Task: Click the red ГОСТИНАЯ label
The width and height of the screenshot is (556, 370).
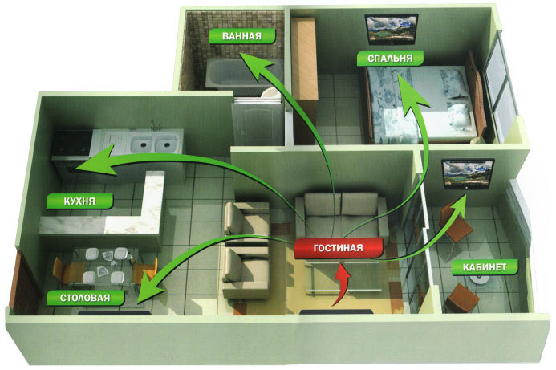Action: pyautogui.click(x=339, y=248)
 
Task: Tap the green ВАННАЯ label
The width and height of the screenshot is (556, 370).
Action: pyautogui.click(x=241, y=36)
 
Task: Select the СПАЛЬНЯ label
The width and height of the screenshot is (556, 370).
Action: pyautogui.click(x=390, y=58)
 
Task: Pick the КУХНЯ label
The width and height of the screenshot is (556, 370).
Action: pyautogui.click(x=79, y=201)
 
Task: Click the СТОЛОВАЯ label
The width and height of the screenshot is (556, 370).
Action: pyautogui.click(x=86, y=298)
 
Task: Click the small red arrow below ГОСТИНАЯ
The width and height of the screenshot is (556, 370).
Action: pyautogui.click(x=341, y=284)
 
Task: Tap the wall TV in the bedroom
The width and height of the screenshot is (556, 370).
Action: pyautogui.click(x=392, y=29)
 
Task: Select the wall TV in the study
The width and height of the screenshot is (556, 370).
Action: pyautogui.click(x=468, y=174)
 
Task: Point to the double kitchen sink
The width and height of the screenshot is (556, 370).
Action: pyautogui.click(x=151, y=144)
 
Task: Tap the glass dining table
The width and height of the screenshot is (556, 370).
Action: pyautogui.click(x=103, y=266)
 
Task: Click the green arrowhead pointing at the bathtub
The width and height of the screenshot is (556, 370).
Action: pyautogui.click(x=254, y=66)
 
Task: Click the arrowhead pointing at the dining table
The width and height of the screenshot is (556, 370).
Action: pyautogui.click(x=150, y=288)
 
